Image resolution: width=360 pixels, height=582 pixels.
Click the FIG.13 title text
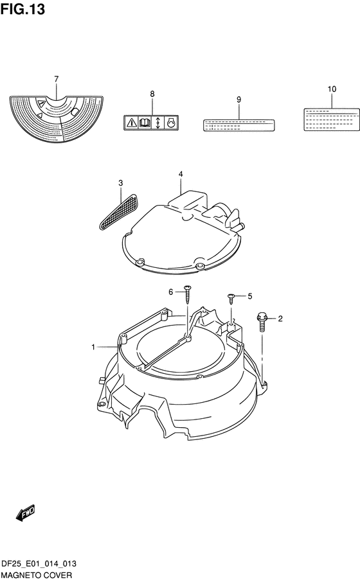22,9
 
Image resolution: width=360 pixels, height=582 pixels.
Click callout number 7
56,79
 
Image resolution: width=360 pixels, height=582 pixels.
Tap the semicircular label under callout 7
57,119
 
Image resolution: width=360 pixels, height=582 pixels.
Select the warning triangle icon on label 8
131,122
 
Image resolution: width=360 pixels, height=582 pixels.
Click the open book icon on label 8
145,122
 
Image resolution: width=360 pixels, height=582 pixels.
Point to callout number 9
239,100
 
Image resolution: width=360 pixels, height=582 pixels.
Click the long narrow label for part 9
239,125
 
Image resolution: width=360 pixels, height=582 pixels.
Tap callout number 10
332,89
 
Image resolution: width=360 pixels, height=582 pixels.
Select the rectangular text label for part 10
332,119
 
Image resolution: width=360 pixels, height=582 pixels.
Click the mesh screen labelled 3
120,211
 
